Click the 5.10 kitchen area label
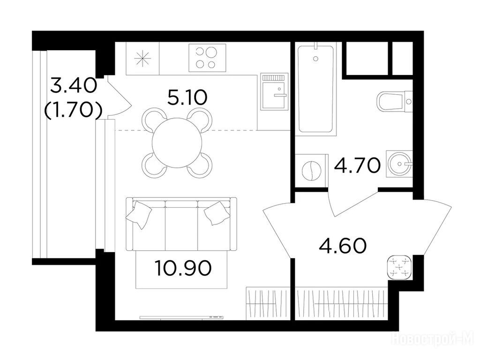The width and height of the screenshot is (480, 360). click(x=187, y=98)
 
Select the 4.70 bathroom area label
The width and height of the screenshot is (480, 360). click(x=358, y=165)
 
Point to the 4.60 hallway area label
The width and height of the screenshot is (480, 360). click(x=343, y=246)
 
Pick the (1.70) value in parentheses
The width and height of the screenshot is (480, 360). click(x=73, y=110)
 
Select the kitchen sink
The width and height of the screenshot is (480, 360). click(x=274, y=91)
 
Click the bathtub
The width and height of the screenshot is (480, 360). click(x=315, y=89)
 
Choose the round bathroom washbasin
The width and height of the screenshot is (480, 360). click(x=399, y=164)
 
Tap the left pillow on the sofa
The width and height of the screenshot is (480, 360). click(x=139, y=215)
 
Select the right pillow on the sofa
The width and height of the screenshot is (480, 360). click(x=217, y=213)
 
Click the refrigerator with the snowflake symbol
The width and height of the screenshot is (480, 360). click(x=143, y=59)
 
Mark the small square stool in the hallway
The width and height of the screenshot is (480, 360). click(x=399, y=267)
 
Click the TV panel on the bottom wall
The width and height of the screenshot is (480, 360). click(x=181, y=317)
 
